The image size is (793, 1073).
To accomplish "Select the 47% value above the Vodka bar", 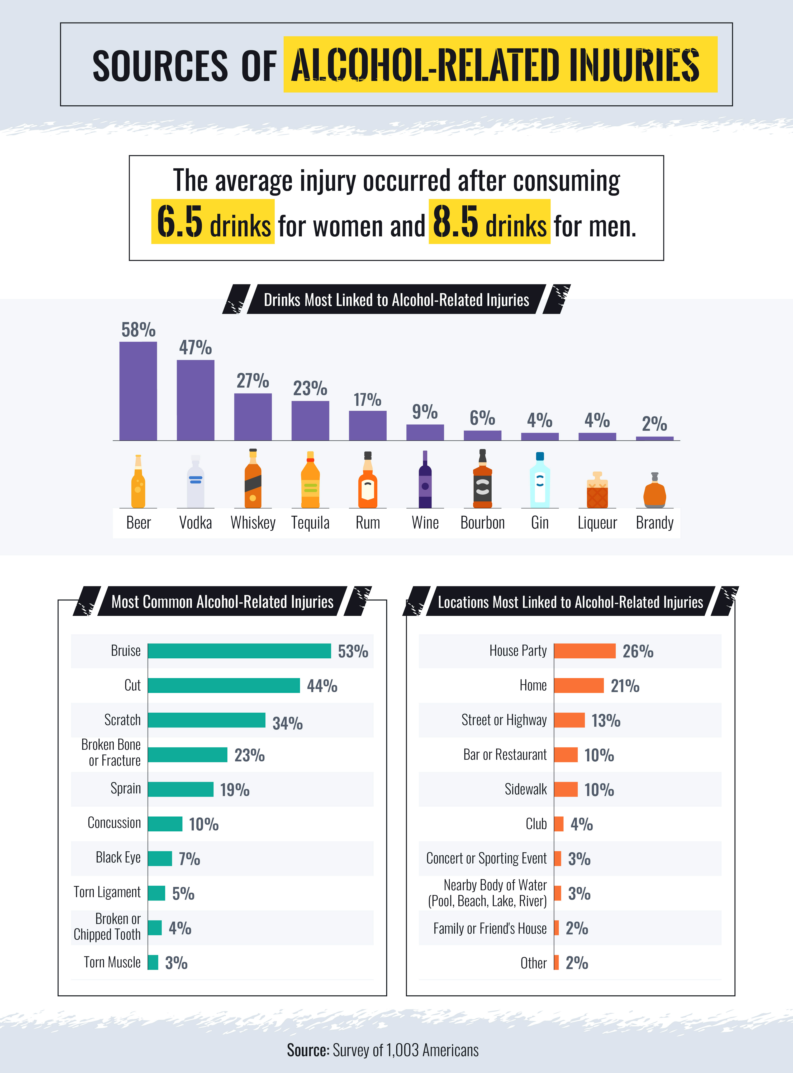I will pyautogui.click(x=195, y=347).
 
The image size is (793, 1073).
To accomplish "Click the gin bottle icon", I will pyautogui.click(x=540, y=480).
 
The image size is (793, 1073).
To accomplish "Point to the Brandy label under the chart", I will pyautogui.click(x=654, y=522).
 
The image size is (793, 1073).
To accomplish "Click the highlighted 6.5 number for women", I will pyautogui.click(x=180, y=222).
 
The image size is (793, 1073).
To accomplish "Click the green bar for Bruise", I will pyautogui.click(x=239, y=651).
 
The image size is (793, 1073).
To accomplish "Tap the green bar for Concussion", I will pyautogui.click(x=165, y=824).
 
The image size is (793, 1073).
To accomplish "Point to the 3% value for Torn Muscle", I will pyautogui.click(x=176, y=963).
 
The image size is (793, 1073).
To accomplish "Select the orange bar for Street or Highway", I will pyautogui.click(x=569, y=720).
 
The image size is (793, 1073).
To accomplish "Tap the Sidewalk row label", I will pyautogui.click(x=526, y=789).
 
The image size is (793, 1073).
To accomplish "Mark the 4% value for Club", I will pyautogui.click(x=581, y=824).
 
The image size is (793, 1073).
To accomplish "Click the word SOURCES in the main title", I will pyautogui.click(x=160, y=66).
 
